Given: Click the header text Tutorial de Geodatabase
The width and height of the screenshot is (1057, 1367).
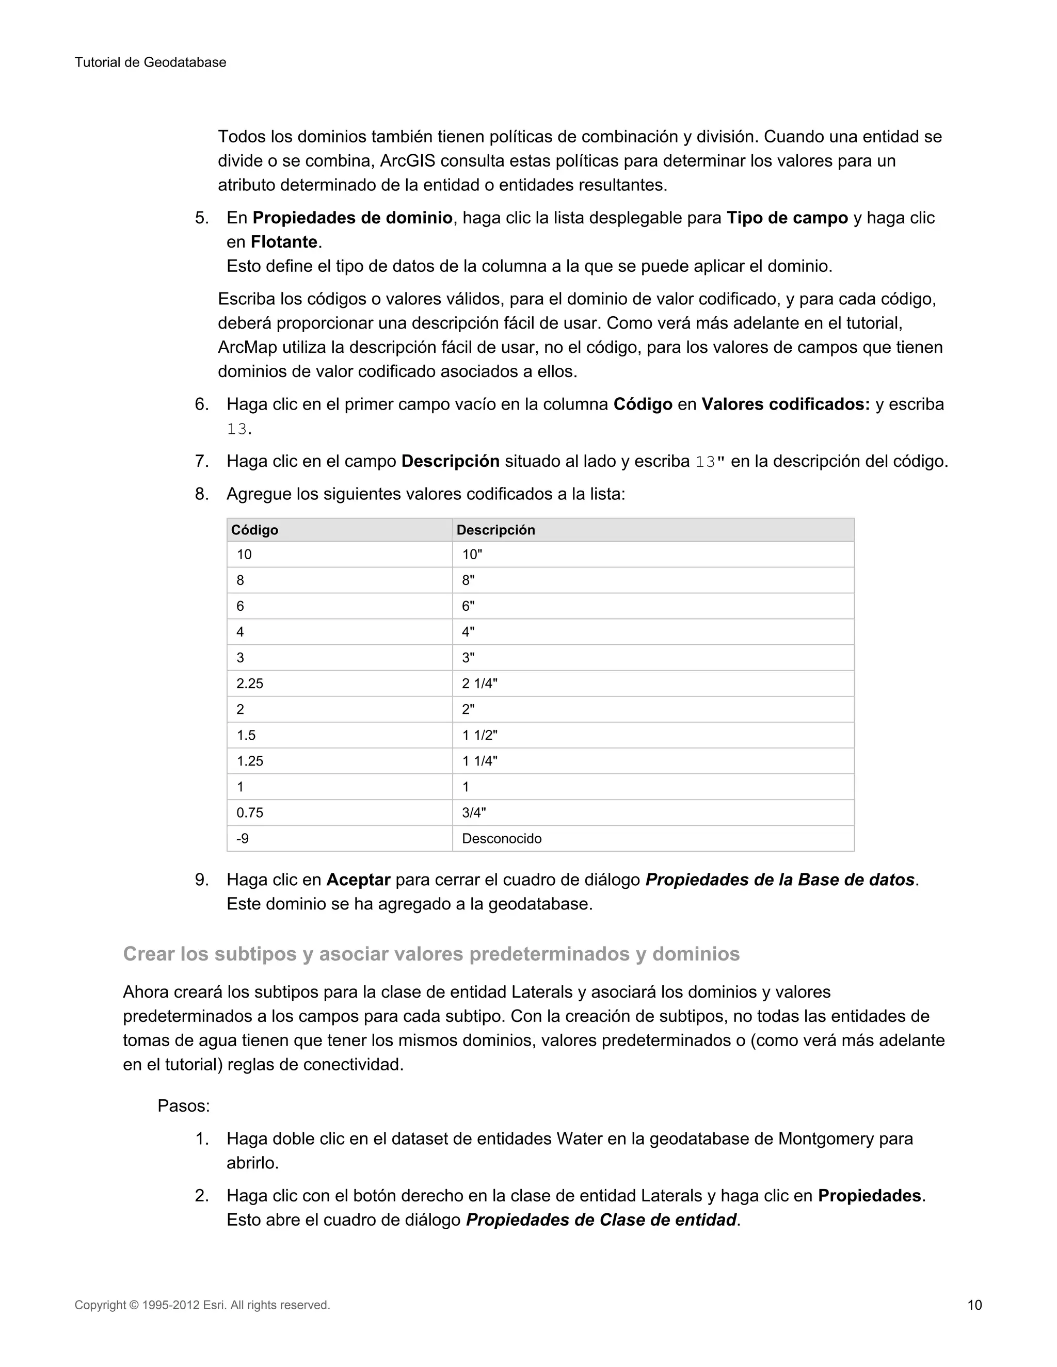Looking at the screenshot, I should coord(150,62).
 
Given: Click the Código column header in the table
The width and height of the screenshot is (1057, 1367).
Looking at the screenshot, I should coord(255,530).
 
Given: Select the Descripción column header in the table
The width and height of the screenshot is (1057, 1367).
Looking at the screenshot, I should coord(495,530).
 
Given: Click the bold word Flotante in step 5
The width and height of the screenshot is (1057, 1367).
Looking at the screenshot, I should coord(284,242).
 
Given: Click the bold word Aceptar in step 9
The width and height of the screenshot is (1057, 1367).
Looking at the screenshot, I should coord(358,880).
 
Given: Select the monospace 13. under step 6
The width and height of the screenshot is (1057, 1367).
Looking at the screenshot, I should coord(239,429).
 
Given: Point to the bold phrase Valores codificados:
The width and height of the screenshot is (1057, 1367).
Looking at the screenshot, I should coord(785,404).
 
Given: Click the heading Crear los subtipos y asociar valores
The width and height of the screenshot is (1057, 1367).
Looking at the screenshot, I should coord(431,954).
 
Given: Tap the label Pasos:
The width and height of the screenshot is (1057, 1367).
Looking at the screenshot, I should coord(183,1106).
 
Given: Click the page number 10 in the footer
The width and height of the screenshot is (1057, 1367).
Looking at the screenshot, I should coord(974,1305).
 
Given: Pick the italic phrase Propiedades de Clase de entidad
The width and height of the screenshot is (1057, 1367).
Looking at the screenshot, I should coord(601,1220).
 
